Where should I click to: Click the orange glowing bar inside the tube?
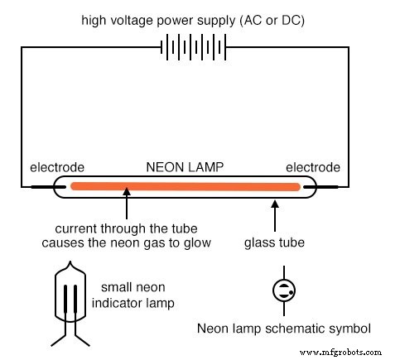(x=184, y=187)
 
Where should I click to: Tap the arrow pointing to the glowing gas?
(x=126, y=206)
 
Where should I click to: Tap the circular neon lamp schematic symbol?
(x=283, y=290)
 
